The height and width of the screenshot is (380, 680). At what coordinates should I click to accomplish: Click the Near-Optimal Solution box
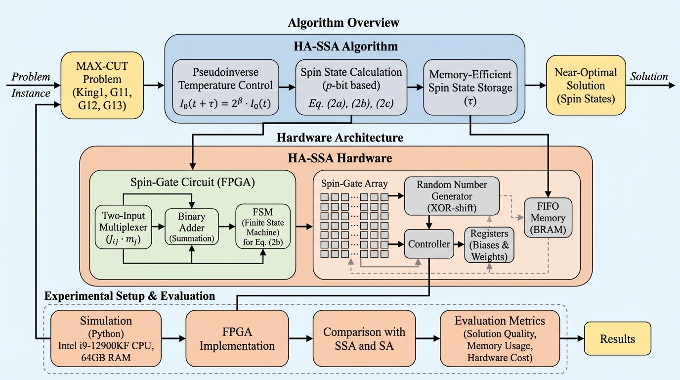585,86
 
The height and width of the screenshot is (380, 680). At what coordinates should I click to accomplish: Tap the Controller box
428,243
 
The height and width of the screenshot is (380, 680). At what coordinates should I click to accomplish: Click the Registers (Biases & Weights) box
489,244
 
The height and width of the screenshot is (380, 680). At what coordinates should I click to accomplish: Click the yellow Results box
617,338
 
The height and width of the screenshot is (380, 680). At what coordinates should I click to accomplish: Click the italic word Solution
648,77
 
